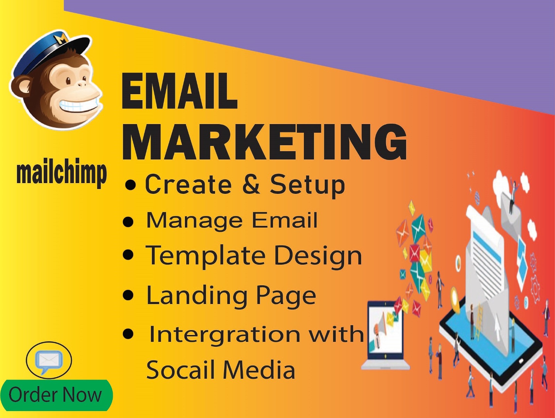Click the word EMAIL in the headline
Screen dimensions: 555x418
(x=180, y=91)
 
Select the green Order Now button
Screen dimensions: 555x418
(x=56, y=395)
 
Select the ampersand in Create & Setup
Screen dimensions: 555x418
(x=251, y=184)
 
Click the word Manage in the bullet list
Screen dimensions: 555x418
(x=194, y=221)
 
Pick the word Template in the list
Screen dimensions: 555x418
(x=206, y=255)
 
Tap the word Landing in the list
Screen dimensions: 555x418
(x=197, y=295)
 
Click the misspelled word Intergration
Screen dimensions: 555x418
(x=224, y=335)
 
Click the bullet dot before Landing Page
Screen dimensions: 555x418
(x=128, y=295)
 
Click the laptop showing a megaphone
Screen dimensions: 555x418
(x=385, y=335)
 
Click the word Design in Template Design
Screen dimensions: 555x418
(x=318, y=255)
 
